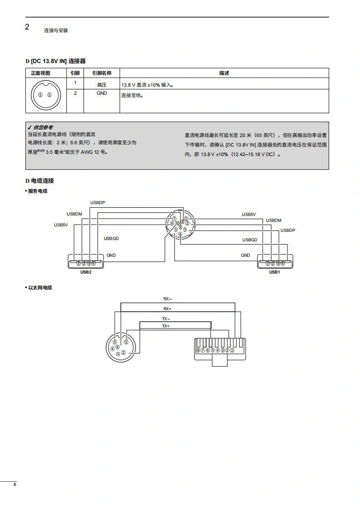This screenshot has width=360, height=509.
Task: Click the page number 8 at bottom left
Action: pyautogui.click(x=15, y=485)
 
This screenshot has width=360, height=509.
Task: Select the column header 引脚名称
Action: pyautogui.click(x=102, y=73)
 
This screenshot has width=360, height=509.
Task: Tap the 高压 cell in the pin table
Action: pyautogui.click(x=102, y=85)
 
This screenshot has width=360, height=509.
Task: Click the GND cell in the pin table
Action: pyautogui.click(x=102, y=93)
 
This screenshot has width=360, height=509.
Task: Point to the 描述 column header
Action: pyautogui.click(x=224, y=73)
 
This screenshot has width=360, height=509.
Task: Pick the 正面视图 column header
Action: pyautogui.click(x=40, y=73)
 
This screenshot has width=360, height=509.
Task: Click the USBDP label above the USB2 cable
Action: pyautogui.click(x=98, y=203)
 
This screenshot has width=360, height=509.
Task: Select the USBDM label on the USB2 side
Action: pyautogui.click(x=74, y=214)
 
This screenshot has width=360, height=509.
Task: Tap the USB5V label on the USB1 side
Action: pyautogui.click(x=249, y=215)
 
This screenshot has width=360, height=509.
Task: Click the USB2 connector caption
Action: pyautogui.click(x=86, y=272)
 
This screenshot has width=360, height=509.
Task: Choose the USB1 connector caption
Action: pyautogui.click(x=275, y=272)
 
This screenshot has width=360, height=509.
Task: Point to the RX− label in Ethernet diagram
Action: pyautogui.click(x=168, y=299)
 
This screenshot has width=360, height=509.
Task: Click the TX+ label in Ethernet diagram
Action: pyautogui.click(x=166, y=326)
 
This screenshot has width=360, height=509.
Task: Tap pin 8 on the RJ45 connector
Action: pyautogui.click(x=198, y=350)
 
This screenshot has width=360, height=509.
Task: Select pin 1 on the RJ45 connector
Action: pyautogui.click(x=232, y=350)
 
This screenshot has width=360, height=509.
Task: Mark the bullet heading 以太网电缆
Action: pyautogui.click(x=39, y=288)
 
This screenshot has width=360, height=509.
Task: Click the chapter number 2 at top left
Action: pyautogui.click(x=27, y=27)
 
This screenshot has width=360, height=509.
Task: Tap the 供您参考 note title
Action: pyautogui.click(x=43, y=127)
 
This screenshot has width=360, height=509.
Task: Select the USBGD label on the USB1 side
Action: pyautogui.click(x=250, y=240)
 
